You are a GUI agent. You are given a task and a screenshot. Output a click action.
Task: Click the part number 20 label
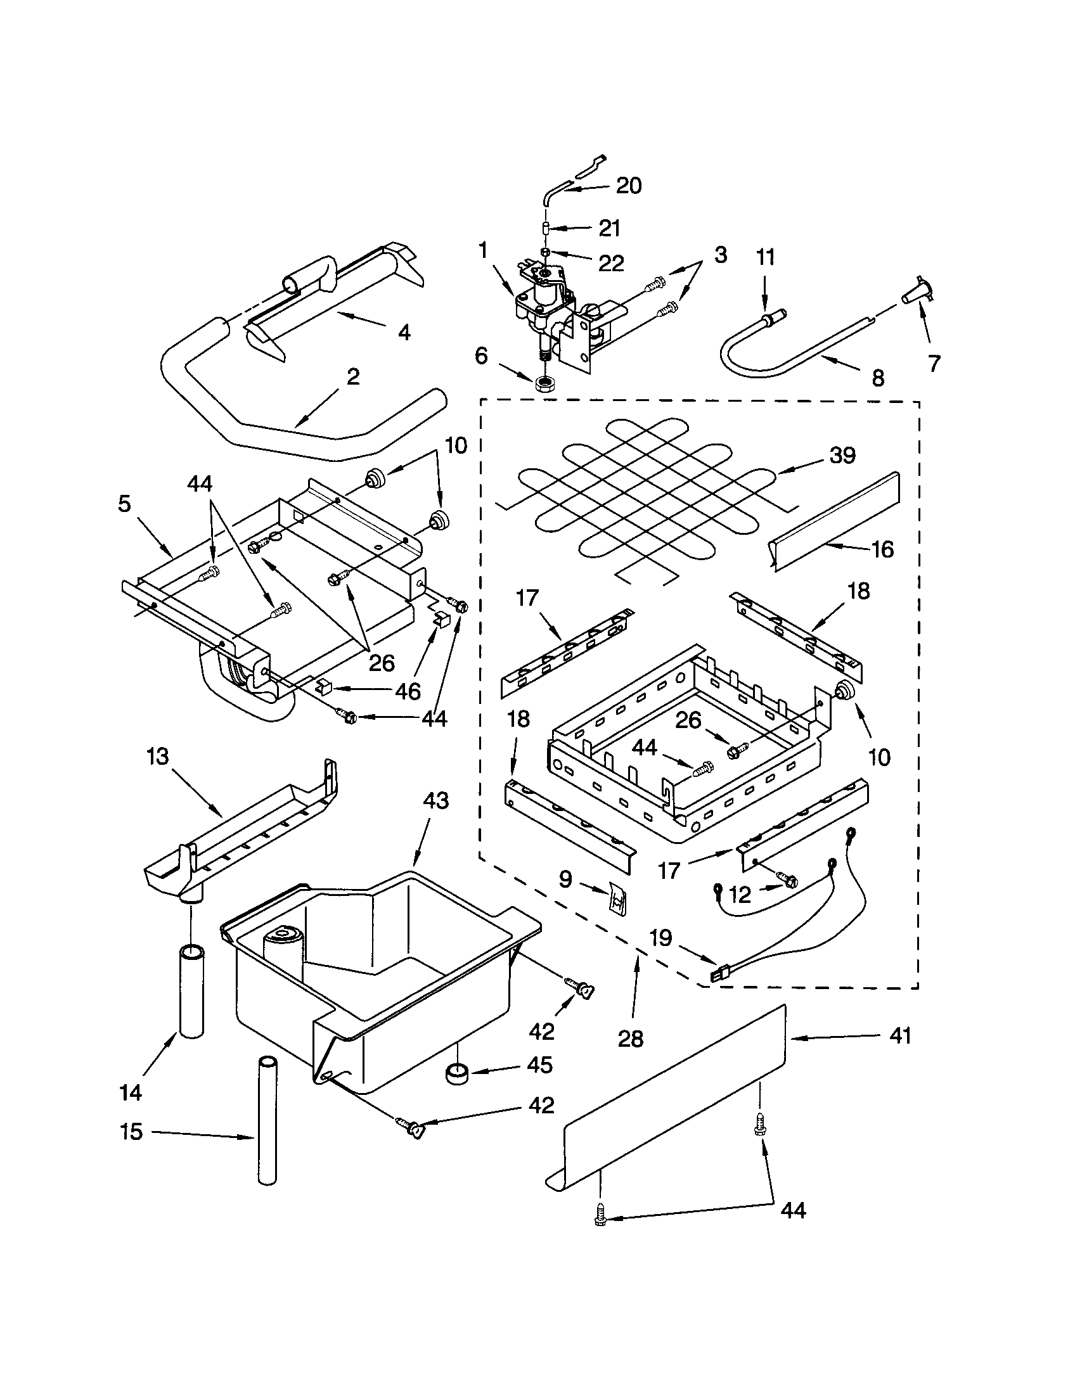pyautogui.click(x=628, y=186)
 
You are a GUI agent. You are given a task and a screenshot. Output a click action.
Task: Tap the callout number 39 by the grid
pyautogui.click(x=842, y=456)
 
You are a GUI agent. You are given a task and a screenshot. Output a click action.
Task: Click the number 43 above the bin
pyautogui.click(x=436, y=800)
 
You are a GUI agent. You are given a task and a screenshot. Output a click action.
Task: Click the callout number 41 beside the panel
pyautogui.click(x=900, y=1035)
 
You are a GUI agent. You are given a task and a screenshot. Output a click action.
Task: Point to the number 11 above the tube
pyautogui.click(x=766, y=257)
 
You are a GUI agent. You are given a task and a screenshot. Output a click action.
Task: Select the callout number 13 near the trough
pyautogui.click(x=157, y=757)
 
